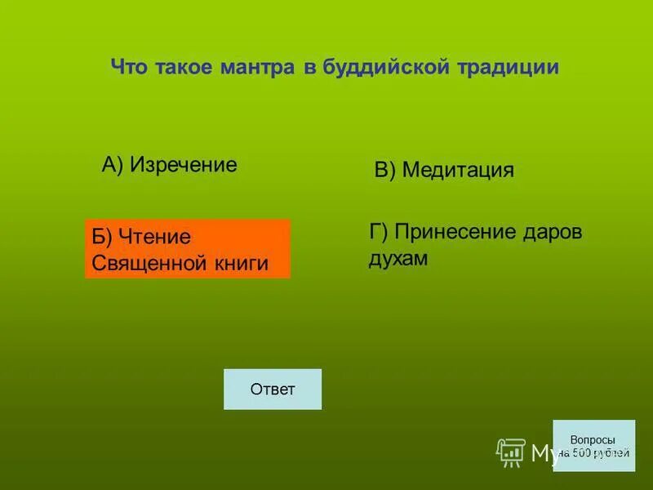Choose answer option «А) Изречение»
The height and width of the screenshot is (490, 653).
(169, 165)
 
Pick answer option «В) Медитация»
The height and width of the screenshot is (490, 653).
(443, 170)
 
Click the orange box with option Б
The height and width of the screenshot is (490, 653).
(187, 249)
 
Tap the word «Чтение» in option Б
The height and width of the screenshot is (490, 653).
(154, 237)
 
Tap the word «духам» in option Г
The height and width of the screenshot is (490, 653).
(398, 258)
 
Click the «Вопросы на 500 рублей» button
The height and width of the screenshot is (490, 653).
(593, 445)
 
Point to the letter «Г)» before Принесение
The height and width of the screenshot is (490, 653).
(378, 232)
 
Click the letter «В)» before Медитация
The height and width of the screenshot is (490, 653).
(384, 170)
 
